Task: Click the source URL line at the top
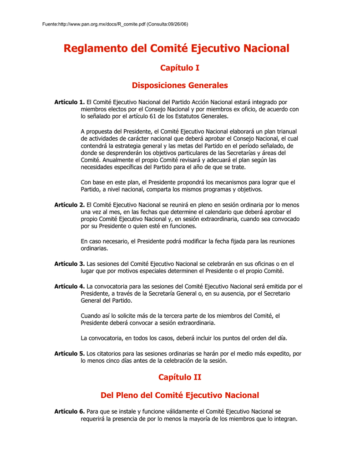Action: pyautogui.click(x=114, y=24)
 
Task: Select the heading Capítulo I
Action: pyautogui.click(x=180, y=68)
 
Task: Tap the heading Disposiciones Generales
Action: pyautogui.click(x=180, y=85)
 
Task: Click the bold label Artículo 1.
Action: pyautogui.click(x=70, y=102)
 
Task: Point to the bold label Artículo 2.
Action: pyautogui.click(x=70, y=205)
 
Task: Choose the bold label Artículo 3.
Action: pyautogui.click(x=70, y=263)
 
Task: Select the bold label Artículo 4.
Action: pyautogui.click(x=70, y=286)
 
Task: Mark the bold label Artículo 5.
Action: pyautogui.click(x=70, y=353)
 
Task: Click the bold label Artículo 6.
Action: pyautogui.click(x=70, y=411)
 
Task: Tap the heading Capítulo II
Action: pyautogui.click(x=180, y=377)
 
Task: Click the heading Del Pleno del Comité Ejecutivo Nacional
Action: pyautogui.click(x=180, y=395)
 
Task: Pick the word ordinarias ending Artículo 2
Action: pyautogui.click(x=94, y=248)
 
